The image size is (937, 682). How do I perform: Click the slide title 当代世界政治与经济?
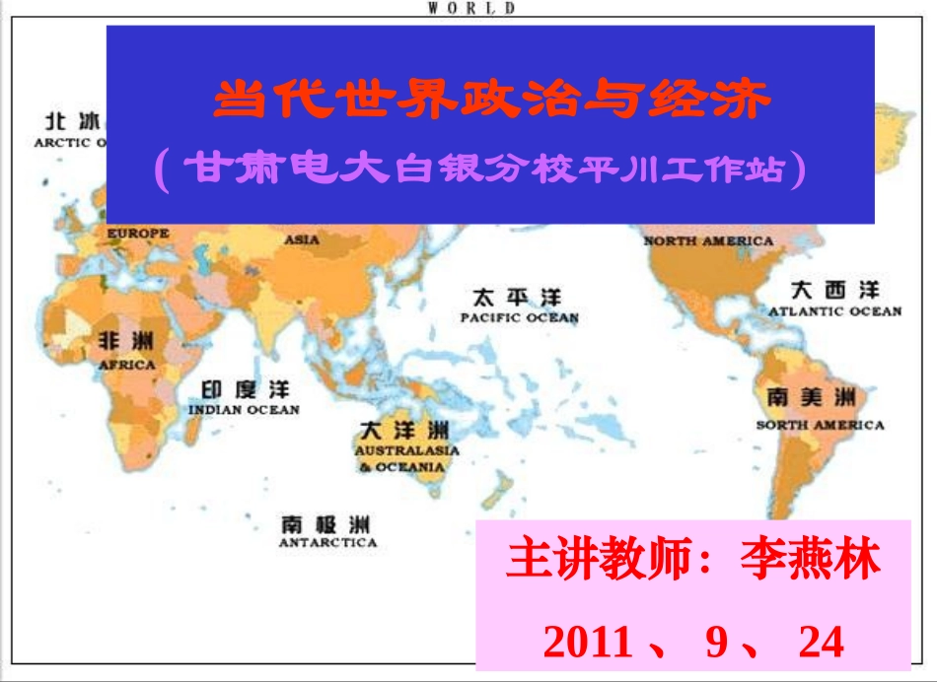(490, 100)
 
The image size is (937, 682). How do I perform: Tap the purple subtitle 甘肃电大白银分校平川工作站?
(480, 170)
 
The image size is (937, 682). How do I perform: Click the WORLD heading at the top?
(471, 8)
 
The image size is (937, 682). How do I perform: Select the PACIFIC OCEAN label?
(520, 318)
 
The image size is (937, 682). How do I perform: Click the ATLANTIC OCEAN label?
(834, 311)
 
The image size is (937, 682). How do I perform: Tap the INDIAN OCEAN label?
(244, 409)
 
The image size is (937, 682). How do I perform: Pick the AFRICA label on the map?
(127, 365)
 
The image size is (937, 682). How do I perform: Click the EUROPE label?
(138, 234)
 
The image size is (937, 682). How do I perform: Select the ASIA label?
(302, 239)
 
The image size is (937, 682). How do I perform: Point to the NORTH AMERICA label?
(708, 240)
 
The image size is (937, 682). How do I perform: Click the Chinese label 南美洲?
(812, 399)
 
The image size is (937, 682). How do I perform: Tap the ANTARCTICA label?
(327, 542)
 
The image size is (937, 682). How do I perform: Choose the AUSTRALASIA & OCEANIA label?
(406, 458)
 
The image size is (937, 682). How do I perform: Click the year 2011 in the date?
(588, 642)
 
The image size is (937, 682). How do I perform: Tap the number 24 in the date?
(822, 642)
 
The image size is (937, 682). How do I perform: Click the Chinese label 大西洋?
(834, 291)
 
